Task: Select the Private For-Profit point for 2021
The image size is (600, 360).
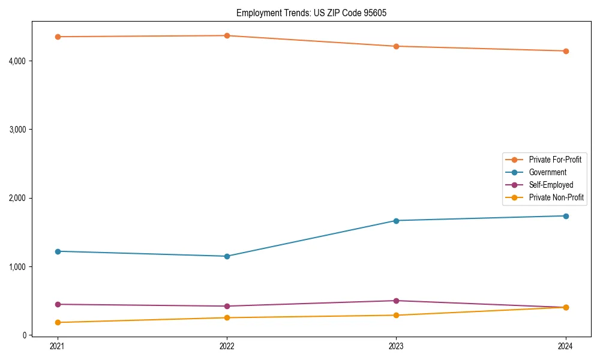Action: click(x=58, y=37)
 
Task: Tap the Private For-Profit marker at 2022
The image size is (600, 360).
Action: click(x=227, y=35)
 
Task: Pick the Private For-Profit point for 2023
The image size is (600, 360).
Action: click(x=396, y=46)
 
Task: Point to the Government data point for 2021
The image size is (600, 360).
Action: click(x=58, y=251)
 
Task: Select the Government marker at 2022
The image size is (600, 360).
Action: click(x=227, y=256)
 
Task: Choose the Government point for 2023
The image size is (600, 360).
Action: click(x=396, y=220)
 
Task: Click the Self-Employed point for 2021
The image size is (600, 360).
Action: click(x=58, y=304)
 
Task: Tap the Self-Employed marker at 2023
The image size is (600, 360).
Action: click(x=396, y=301)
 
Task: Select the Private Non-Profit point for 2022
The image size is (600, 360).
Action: click(x=227, y=317)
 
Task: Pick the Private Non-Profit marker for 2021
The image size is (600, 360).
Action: click(x=58, y=322)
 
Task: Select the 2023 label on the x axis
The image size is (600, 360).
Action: click(x=396, y=346)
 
